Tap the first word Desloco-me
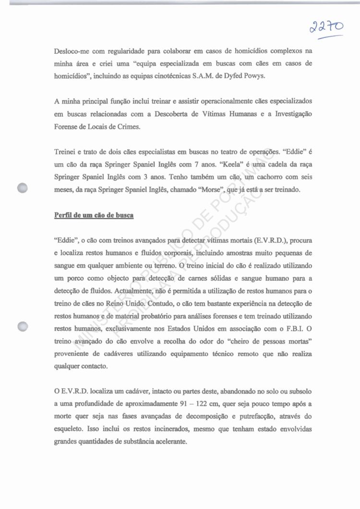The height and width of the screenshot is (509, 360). (x=72, y=51)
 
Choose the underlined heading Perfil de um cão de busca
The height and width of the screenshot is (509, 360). (x=94, y=215)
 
